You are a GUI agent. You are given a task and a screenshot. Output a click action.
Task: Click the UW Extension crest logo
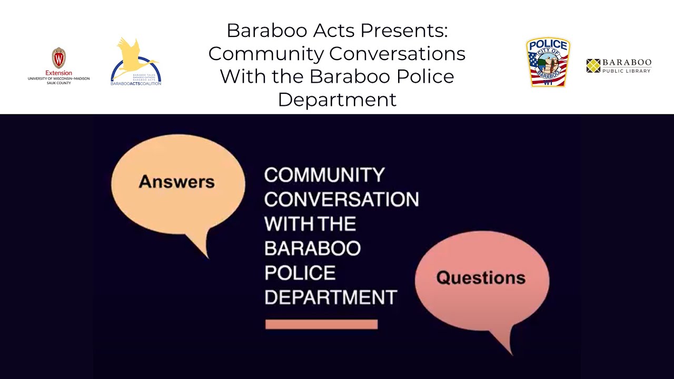click(58, 57)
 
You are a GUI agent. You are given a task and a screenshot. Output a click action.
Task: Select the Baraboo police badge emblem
click(548, 62)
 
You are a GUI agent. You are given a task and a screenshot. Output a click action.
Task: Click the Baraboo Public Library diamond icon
click(593, 66)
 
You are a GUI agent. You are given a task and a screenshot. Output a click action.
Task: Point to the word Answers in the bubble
click(177, 182)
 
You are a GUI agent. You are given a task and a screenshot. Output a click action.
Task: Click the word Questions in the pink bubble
click(481, 278)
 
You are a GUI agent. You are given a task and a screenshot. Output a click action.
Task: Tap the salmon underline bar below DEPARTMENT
click(321, 324)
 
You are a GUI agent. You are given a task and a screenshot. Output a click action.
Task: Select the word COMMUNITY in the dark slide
click(324, 175)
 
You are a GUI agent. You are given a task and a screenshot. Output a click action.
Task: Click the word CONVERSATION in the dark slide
click(341, 200)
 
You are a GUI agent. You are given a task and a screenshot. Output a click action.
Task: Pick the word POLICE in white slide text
click(300, 273)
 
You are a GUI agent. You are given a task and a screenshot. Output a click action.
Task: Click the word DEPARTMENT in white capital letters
click(330, 297)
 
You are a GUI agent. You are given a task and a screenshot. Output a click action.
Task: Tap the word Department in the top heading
click(337, 99)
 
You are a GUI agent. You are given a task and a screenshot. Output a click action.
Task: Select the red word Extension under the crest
click(58, 73)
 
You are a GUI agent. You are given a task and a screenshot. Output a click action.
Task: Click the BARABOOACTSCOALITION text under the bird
click(136, 83)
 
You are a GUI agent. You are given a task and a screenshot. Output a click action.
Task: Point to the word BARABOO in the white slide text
click(312, 248)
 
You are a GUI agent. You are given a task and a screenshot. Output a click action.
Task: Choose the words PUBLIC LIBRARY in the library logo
click(627, 71)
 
